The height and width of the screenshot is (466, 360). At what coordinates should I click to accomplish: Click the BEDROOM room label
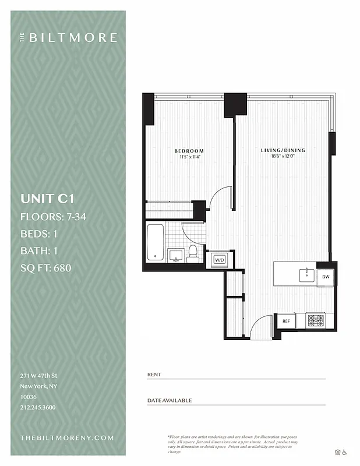pos(189,151)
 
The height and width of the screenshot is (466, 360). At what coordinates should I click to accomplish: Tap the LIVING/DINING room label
pos(283,150)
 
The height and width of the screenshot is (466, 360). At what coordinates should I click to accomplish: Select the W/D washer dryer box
pos(220,260)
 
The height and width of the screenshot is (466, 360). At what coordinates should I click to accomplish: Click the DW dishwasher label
pos(326,277)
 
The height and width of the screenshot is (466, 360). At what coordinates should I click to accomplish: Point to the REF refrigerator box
pos(286,321)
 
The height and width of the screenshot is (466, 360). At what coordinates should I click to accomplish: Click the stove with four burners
pos(315,320)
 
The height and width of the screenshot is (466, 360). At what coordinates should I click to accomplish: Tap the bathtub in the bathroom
pos(155,242)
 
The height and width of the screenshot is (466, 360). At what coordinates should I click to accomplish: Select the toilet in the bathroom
pos(193,253)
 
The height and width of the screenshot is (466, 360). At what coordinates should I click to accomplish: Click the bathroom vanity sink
pos(175,255)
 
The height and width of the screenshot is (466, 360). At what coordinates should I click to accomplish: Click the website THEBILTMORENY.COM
pos(67,437)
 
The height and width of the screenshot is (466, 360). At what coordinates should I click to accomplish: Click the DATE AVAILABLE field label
pos(169,400)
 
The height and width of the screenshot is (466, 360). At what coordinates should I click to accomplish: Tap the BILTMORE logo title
pos(72,38)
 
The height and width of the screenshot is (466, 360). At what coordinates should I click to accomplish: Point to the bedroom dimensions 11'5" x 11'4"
pos(189,157)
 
